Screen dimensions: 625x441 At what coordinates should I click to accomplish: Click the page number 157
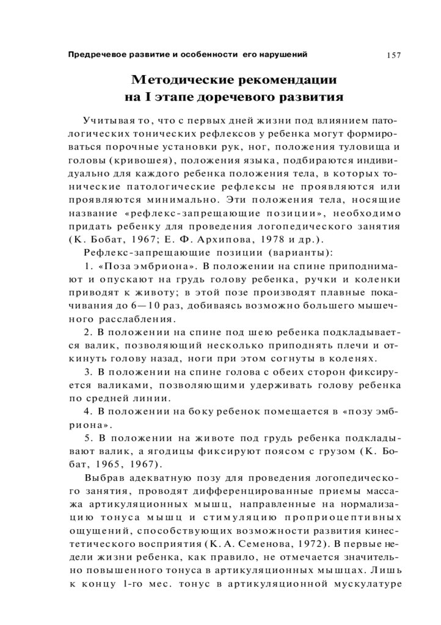[393, 56]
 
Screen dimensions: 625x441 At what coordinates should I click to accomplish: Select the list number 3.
[87, 372]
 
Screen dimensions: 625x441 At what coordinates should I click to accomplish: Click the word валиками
[115, 386]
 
